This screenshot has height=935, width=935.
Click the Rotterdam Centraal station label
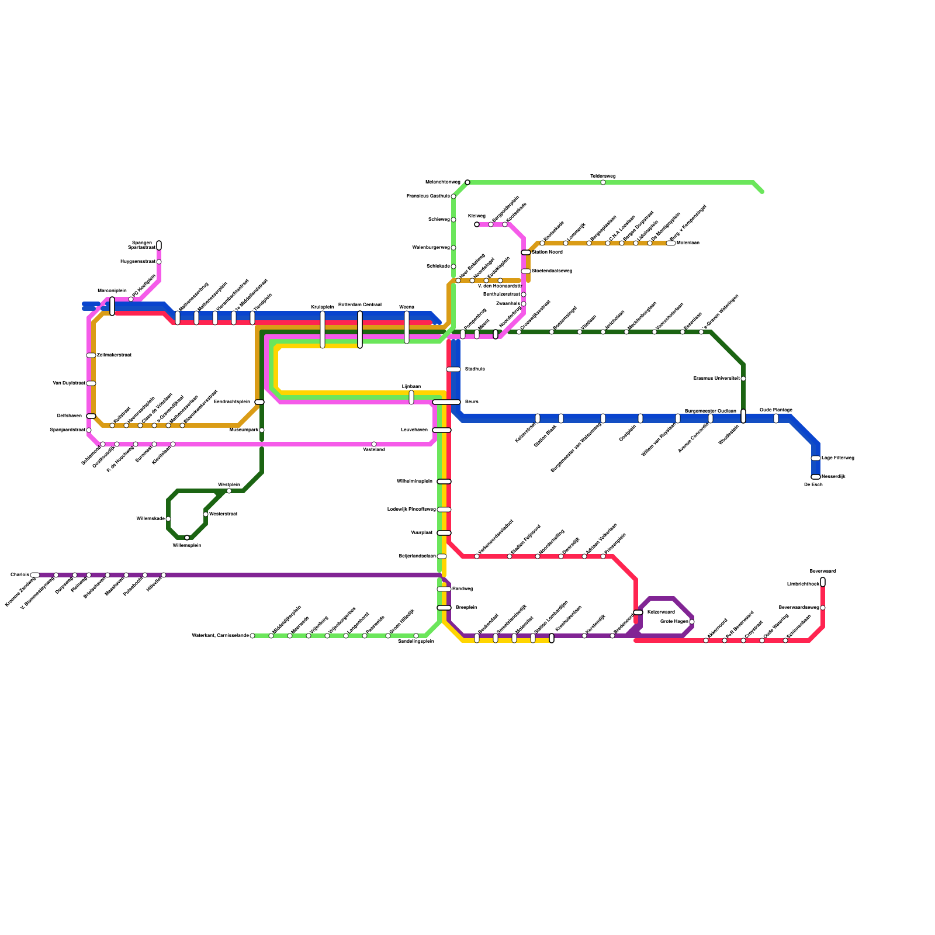pos(360,304)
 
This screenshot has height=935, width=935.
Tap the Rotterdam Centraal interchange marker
pos(360,329)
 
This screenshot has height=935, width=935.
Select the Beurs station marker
pos(446,402)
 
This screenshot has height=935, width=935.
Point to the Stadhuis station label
pos(475,369)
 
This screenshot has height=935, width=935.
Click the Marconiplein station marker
pos(112,306)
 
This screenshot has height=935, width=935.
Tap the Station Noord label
pos(547,252)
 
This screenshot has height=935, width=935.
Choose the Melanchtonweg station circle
pos(467,182)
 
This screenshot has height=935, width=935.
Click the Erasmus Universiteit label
pos(716,379)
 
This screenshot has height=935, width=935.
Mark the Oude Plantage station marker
pos(776,418)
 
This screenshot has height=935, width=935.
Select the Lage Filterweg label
pos(838,458)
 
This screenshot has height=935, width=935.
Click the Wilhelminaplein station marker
pos(444,482)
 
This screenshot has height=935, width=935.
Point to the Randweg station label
pos(462,589)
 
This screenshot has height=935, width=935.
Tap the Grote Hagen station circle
pos(692,622)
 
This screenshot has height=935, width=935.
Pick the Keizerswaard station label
pos(661,612)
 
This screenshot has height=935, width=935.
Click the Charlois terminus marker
pos(35,575)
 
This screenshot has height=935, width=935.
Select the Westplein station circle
pos(229,491)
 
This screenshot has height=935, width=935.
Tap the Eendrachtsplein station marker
pos(259,402)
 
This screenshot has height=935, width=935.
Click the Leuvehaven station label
pos(414,430)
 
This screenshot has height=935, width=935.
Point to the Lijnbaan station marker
pos(411,397)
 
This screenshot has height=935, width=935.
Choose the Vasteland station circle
pos(374,444)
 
